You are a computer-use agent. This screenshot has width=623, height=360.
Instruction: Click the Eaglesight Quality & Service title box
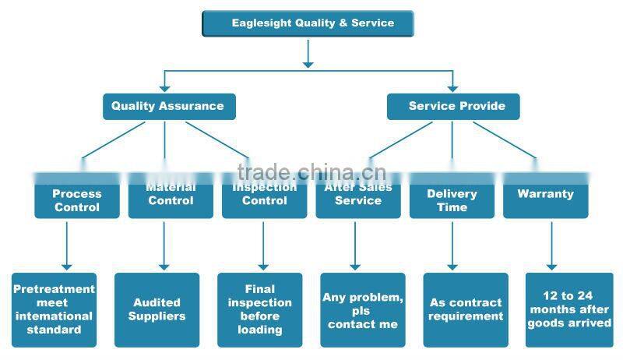point(308,23)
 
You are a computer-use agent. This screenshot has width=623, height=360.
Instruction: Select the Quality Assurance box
point(168,106)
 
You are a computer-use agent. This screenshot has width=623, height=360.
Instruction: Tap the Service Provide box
point(453,106)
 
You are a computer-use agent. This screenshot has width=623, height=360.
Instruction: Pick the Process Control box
point(76,199)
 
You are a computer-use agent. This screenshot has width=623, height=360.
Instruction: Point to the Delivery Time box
point(452,199)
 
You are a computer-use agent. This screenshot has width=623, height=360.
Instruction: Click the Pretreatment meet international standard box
point(54,309)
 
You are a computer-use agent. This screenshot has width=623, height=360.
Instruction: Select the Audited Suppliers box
point(157,309)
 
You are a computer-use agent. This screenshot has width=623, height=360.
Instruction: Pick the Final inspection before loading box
point(259,309)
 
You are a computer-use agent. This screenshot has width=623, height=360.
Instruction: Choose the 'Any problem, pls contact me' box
point(362,309)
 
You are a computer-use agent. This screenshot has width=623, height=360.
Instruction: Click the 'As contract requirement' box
point(466,309)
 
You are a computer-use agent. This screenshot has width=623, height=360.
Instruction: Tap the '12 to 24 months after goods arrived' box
point(569,309)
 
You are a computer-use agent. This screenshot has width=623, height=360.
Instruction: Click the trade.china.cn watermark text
point(311,172)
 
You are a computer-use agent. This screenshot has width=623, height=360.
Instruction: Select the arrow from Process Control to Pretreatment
point(67,245)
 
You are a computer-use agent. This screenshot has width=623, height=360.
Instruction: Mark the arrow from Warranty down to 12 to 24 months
point(551,245)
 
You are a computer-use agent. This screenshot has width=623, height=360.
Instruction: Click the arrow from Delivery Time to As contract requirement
point(452,245)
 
